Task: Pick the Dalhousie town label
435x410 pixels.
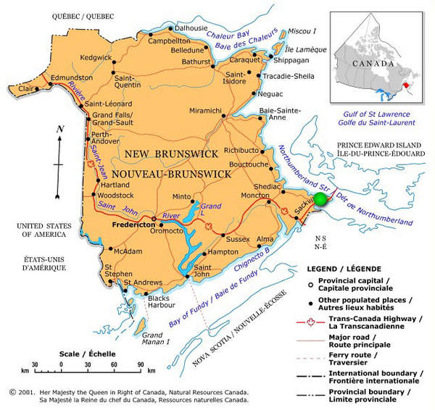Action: point(192,28)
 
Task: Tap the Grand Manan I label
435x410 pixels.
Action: point(156,338)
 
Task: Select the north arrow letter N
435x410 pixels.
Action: point(61,130)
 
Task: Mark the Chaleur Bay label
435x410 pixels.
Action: point(226,35)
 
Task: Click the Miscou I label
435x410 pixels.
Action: point(303,30)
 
